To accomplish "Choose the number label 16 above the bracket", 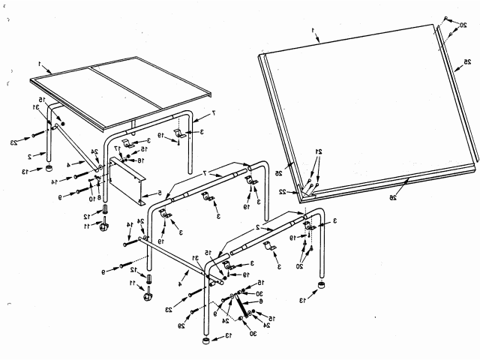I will coord(118,160).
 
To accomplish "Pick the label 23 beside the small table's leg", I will coord(14,142).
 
